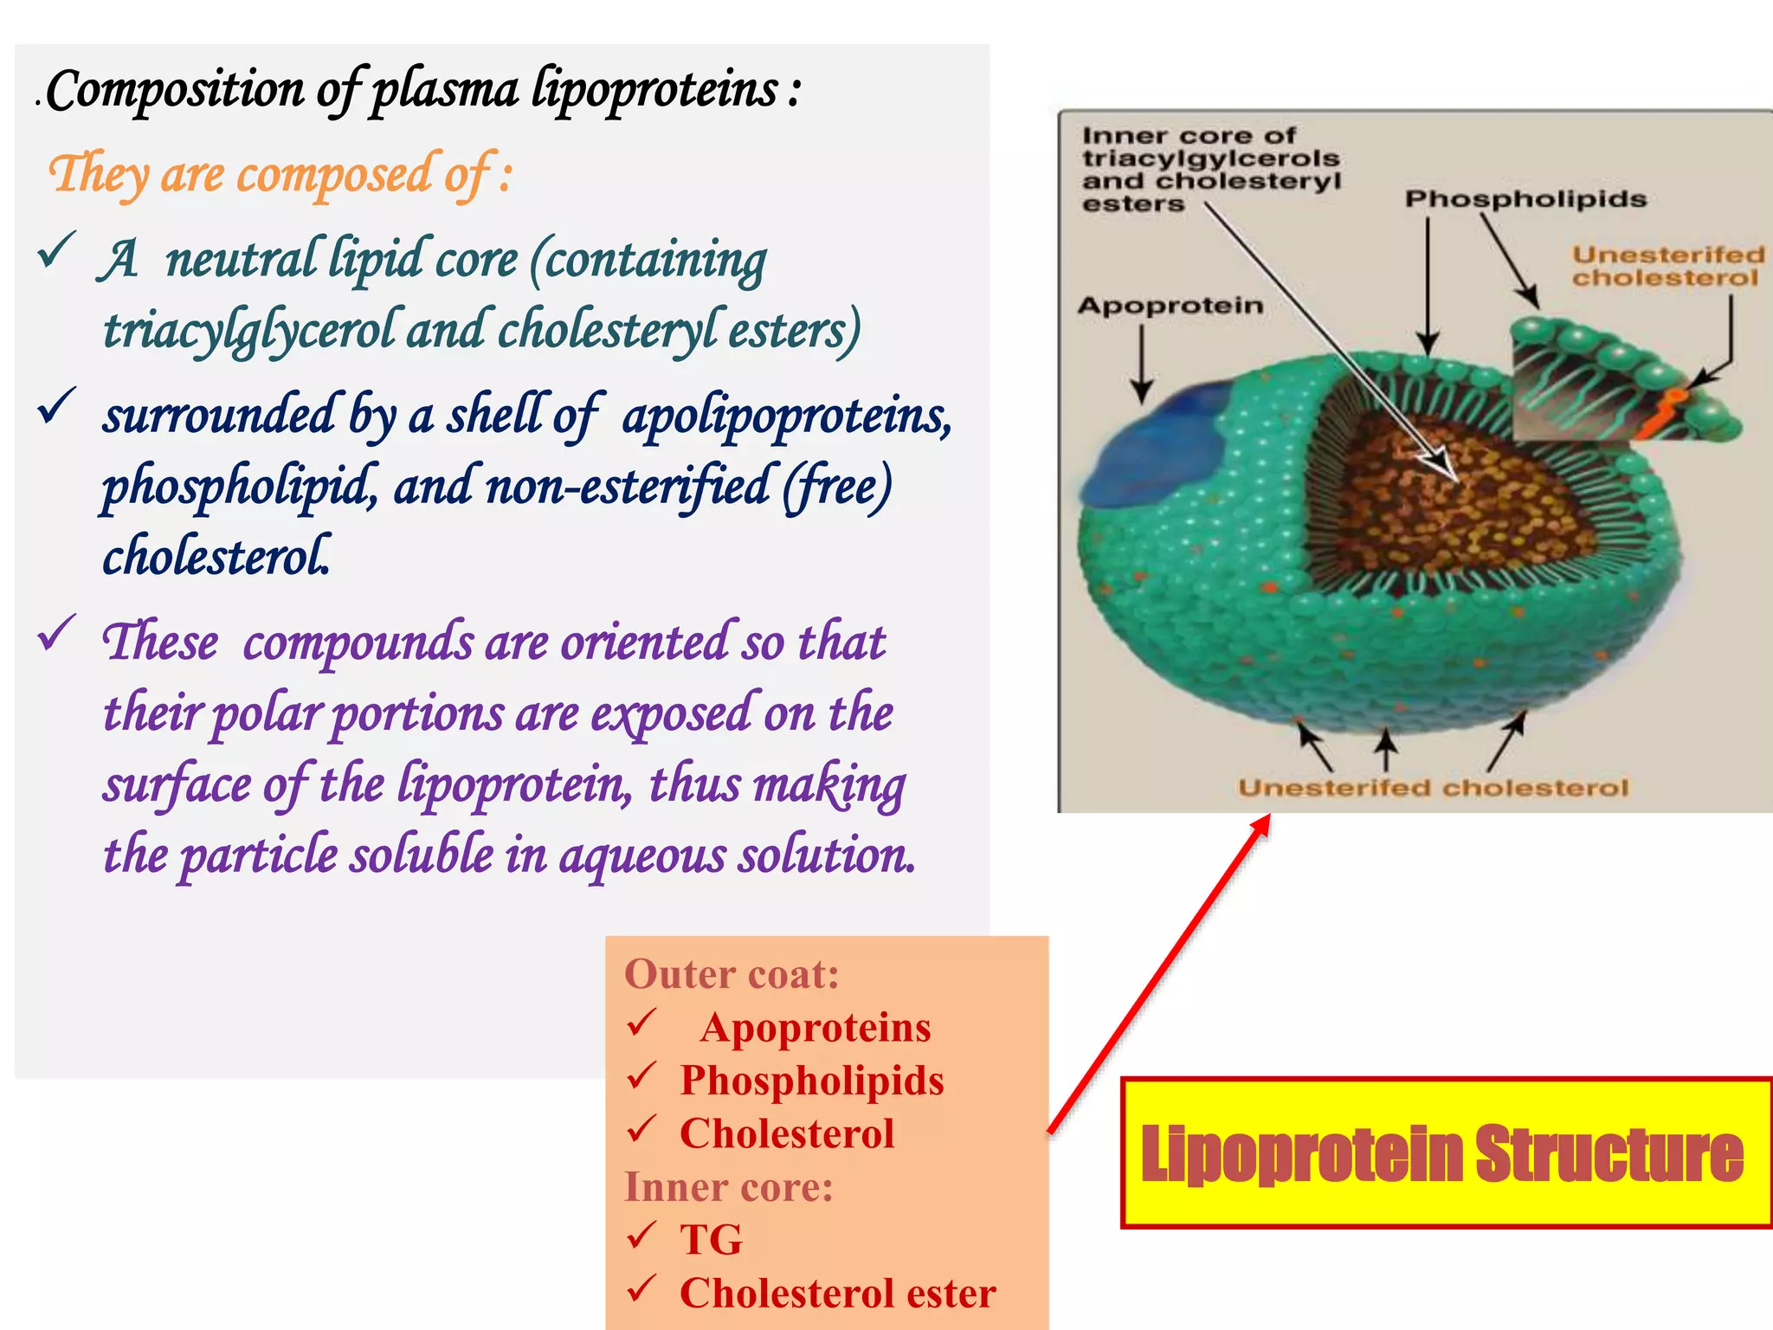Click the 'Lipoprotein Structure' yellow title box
pyautogui.click(x=1444, y=1152)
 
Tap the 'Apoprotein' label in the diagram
pyautogui.click(x=1170, y=306)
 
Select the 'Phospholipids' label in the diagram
pyautogui.click(x=1525, y=199)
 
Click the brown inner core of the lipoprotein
pyautogui.click(x=1463, y=502)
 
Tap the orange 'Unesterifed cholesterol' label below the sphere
pyautogui.click(x=1433, y=788)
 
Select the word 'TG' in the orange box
pyautogui.click(x=711, y=1240)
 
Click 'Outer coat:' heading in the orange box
pyautogui.click(x=732, y=974)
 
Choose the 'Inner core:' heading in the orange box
pyautogui.click(x=728, y=1187)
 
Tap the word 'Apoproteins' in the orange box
pyautogui.click(x=816, y=1028)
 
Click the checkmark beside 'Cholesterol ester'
pyautogui.click(x=642, y=1289)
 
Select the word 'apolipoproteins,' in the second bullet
pyautogui.click(x=787, y=416)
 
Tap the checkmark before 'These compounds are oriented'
pyautogui.click(x=57, y=634)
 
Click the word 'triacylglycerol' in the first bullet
pyautogui.click(x=248, y=331)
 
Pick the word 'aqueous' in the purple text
pyautogui.click(x=642, y=855)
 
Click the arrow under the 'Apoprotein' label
pyautogui.click(x=1142, y=364)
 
